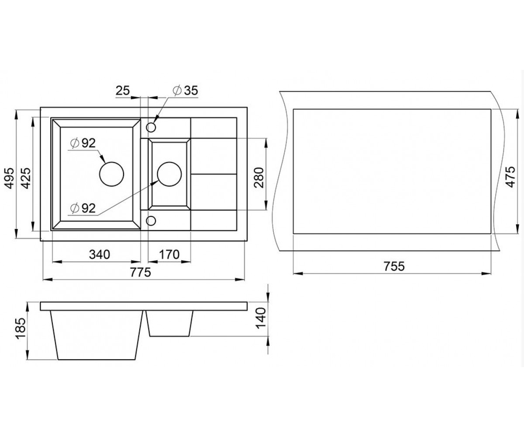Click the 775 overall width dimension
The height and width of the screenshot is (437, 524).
coord(141,272)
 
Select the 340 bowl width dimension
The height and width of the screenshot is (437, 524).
coord(100,254)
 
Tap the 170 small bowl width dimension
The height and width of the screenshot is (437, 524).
coord(169,254)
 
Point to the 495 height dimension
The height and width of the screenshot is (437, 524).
coord(10,178)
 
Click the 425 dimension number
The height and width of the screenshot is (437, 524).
coord(26,178)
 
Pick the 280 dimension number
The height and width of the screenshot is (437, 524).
coord(259,177)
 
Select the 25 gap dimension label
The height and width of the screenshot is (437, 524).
coord(123,90)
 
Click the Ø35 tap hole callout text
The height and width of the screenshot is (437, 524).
coord(186,90)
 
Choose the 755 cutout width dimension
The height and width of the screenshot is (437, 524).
coord(394,266)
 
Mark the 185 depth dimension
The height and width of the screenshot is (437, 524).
coord(21,329)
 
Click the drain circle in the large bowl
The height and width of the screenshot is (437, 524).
coord(112,174)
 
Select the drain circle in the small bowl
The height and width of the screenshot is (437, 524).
coord(169,174)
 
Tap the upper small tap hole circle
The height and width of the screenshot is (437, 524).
coord(151,127)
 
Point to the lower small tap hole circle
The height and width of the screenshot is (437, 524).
coord(151,221)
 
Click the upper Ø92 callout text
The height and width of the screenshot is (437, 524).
coord(83,143)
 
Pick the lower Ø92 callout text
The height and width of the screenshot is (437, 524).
coord(83,208)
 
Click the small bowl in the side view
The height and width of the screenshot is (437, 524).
coord(170,323)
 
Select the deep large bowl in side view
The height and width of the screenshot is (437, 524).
coord(97,335)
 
